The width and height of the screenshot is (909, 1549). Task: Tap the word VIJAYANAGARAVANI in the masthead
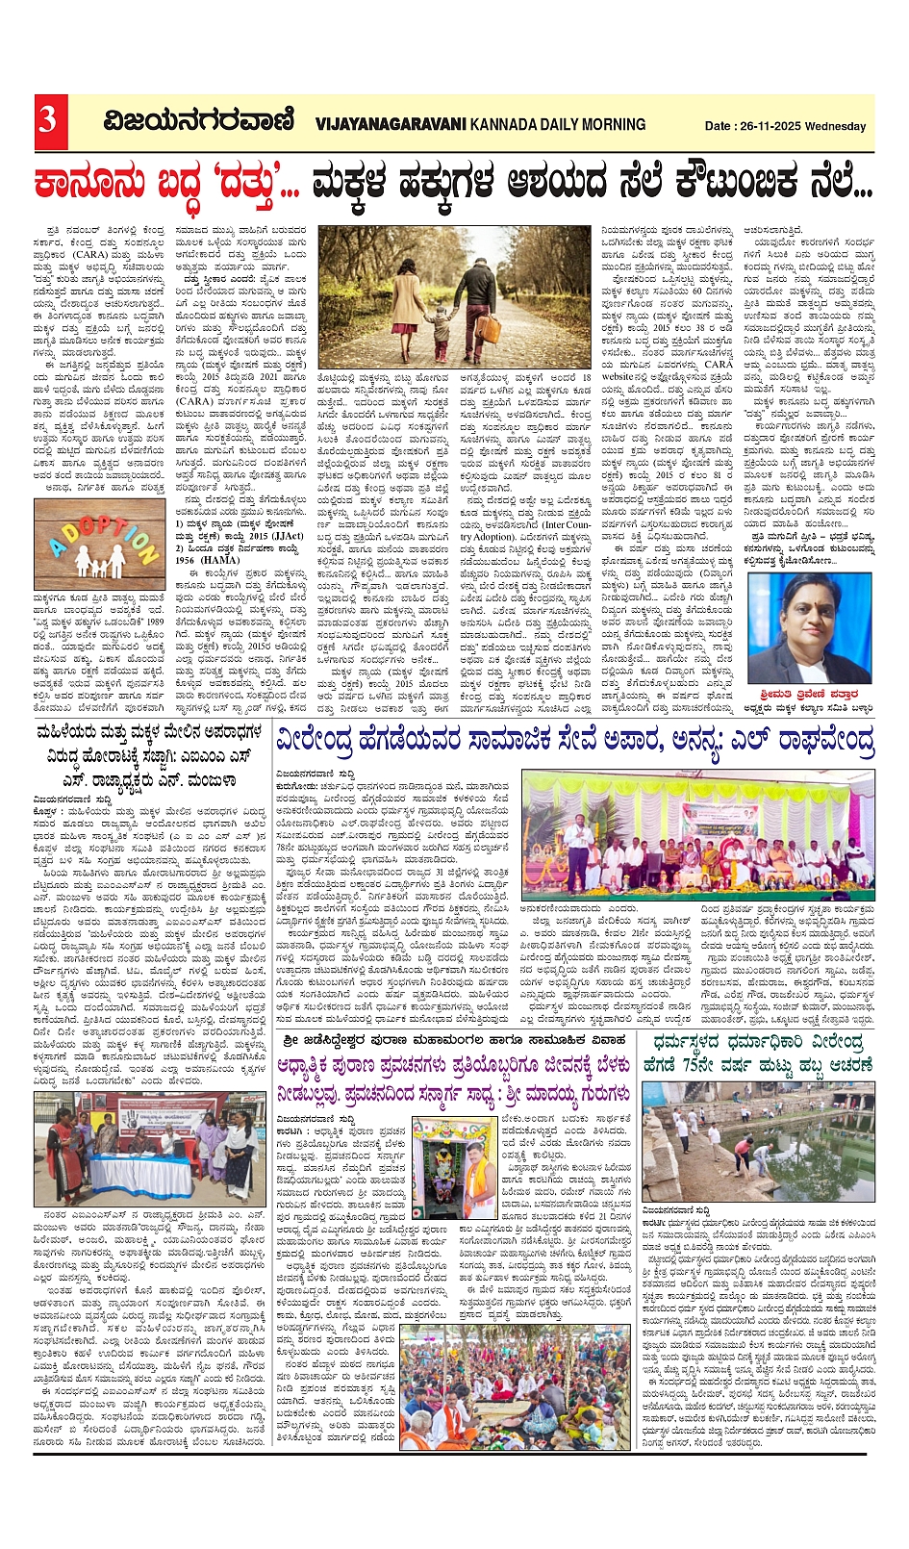pos(390,124)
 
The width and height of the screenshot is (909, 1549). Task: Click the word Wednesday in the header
pos(836,126)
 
